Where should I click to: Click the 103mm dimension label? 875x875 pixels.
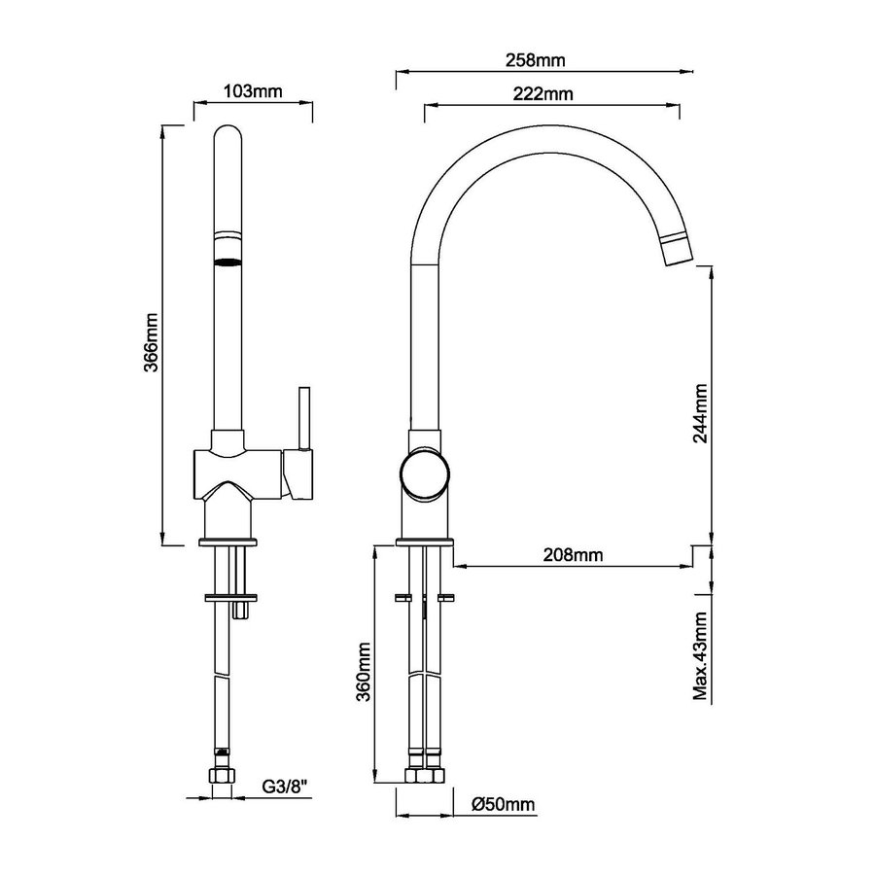coord(252,92)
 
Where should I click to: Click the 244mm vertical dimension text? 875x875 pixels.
coord(701,413)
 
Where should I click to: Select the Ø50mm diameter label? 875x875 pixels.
coord(503,805)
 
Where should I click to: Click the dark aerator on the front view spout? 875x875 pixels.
coord(227,262)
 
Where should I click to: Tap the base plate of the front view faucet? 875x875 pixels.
coord(228,541)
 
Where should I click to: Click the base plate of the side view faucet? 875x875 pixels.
coord(425,541)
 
